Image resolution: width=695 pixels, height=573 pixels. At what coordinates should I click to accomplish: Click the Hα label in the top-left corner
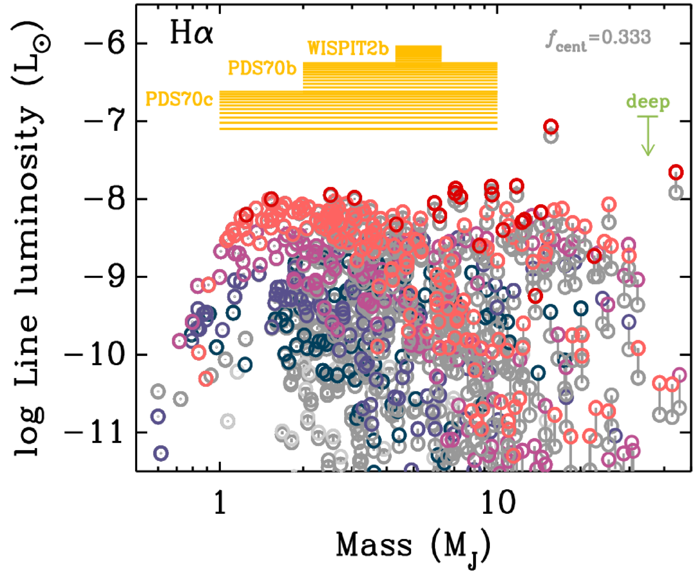click(x=191, y=33)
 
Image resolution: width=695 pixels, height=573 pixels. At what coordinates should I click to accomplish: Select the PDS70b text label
click(x=262, y=68)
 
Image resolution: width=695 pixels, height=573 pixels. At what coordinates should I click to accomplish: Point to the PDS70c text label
click(x=179, y=100)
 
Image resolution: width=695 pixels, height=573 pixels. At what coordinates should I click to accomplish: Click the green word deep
click(x=648, y=102)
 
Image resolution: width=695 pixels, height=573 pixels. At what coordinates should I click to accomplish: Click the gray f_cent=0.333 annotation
click(x=598, y=39)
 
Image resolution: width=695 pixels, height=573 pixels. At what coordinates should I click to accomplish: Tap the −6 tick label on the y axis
click(x=106, y=44)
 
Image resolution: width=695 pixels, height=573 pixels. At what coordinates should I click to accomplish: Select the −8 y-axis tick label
click(x=106, y=200)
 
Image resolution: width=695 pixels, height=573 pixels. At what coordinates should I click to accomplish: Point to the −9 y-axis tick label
click(x=106, y=277)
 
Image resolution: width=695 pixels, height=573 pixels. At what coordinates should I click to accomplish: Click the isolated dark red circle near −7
click(x=551, y=127)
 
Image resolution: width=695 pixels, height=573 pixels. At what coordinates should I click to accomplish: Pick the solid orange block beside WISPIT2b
click(x=418, y=54)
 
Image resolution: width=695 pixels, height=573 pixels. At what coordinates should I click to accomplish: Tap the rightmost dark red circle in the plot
click(x=676, y=171)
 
